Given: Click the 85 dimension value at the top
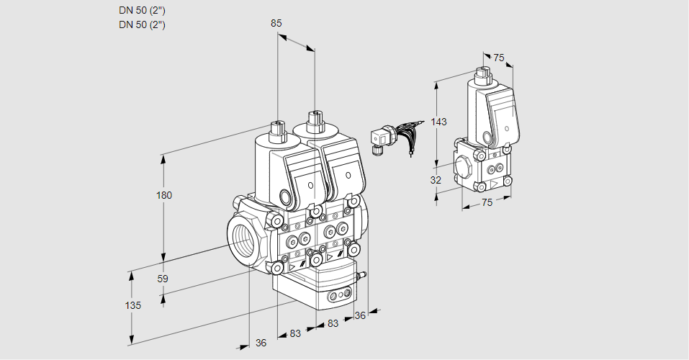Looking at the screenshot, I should click(x=276, y=23).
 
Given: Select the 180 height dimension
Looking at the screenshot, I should click(x=165, y=195).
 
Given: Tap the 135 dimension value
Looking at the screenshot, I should click(x=132, y=305).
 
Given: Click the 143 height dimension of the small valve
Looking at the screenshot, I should click(x=439, y=122).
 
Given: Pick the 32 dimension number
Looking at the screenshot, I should click(x=436, y=180).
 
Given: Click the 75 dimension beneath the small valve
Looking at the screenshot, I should click(x=487, y=203).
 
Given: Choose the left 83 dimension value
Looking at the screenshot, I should click(x=294, y=333).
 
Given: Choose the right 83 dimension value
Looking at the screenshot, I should click(x=333, y=324).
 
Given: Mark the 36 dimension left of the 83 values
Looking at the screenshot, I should click(x=261, y=343).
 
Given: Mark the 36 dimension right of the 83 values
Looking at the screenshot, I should click(x=360, y=315).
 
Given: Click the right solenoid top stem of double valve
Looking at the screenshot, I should click(x=314, y=119).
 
